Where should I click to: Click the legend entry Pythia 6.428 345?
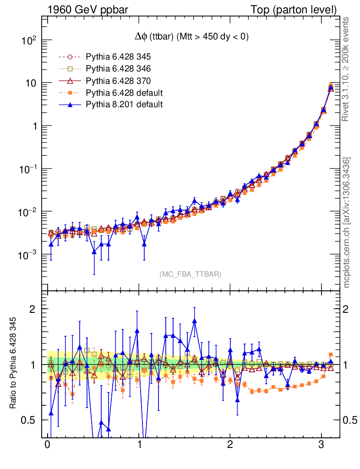pyautogui.click(x=118, y=57)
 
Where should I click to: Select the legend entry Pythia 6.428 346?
pyautogui.click(x=118, y=69)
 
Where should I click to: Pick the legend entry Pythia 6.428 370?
pyautogui.click(x=118, y=81)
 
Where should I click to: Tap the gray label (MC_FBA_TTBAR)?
pyautogui.click(x=191, y=274)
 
